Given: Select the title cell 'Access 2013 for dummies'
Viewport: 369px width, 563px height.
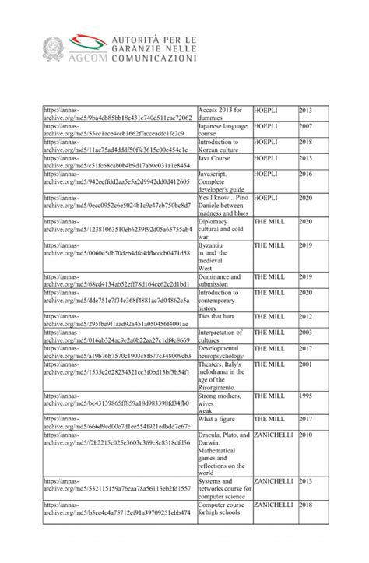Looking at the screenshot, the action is pos(220,114).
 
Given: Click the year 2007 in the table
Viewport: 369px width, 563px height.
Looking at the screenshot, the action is pos(306,126).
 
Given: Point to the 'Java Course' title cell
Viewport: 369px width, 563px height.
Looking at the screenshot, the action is pos(215,158).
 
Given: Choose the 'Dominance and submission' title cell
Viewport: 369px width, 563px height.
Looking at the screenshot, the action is pos(223,280).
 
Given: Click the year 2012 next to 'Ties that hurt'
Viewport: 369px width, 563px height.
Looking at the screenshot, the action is pos(306,316).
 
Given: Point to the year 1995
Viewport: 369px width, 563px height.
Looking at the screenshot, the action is pos(306,396).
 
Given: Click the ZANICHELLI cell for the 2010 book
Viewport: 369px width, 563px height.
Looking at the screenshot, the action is pos(272,435).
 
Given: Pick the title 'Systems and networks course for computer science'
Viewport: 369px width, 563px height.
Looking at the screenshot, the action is pos(223,487).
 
